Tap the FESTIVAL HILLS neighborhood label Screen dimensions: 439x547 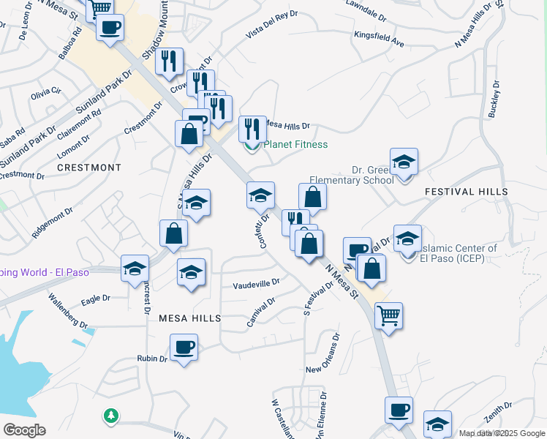(x=466, y=191)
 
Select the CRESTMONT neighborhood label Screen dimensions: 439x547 (x=89, y=168)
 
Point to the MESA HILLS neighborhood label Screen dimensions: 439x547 (x=189, y=318)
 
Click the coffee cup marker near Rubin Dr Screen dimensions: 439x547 (x=184, y=347)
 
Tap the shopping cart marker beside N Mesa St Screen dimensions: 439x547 (x=388, y=316)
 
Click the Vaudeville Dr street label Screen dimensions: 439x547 (x=256, y=283)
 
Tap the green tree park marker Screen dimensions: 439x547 (x=110, y=416)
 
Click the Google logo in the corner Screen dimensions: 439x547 (x=23, y=430)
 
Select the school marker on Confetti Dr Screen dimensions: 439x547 (x=261, y=195)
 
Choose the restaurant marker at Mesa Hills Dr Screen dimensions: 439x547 (x=252, y=129)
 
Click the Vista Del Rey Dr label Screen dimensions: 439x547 (x=272, y=24)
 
